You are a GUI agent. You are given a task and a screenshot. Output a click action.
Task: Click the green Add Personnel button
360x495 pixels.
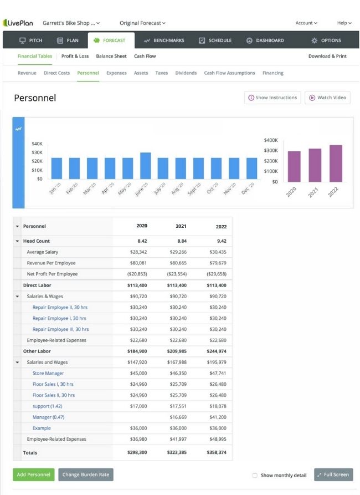tap(33, 474)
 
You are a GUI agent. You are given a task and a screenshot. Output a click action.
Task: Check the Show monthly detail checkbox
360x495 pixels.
tap(255, 475)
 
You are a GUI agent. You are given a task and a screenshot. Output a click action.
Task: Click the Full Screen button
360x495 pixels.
tap(333, 474)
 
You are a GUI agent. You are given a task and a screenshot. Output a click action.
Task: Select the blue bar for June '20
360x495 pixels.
tap(146, 166)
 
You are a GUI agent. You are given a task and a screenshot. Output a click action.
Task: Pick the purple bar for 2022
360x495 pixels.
tap(336, 163)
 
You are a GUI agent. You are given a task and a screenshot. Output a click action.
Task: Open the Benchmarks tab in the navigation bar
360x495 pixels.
tap(164, 40)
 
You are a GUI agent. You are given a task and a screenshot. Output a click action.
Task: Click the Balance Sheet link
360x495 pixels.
tap(111, 56)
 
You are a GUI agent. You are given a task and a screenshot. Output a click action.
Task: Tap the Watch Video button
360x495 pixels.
tap(327, 98)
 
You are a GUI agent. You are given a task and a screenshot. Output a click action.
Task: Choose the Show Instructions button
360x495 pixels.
tap(272, 98)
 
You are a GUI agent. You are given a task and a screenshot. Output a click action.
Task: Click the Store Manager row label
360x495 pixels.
tap(48, 373)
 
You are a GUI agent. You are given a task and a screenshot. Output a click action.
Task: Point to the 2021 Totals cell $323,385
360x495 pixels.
tap(177, 452)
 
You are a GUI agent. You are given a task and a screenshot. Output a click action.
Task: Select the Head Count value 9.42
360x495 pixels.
tap(222, 241)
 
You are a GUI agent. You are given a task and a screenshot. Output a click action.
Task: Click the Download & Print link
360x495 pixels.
tap(327, 56)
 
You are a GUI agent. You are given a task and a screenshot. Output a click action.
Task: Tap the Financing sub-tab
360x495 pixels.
tap(273, 73)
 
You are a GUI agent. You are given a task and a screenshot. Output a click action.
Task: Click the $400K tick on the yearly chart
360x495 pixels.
tap(271, 140)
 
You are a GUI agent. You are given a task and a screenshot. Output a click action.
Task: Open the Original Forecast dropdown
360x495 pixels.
tap(142, 23)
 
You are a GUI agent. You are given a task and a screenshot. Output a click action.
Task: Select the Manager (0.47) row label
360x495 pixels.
tap(48, 417)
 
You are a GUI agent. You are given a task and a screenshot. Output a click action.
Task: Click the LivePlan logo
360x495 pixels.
tap(18, 23)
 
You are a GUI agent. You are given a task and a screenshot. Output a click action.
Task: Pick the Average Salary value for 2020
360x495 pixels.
tap(138, 252)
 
